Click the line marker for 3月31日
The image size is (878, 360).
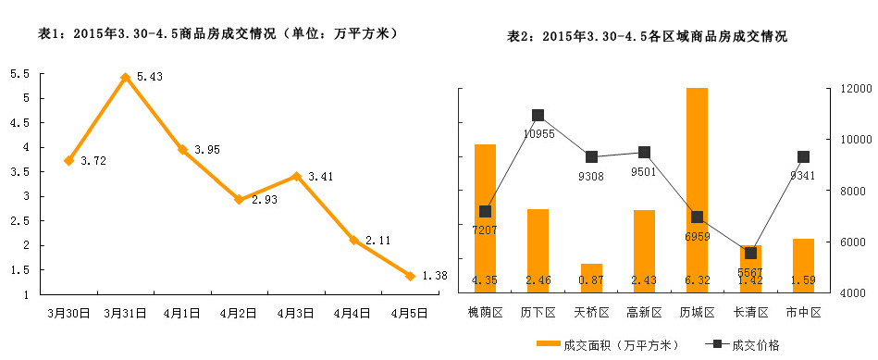[125, 78]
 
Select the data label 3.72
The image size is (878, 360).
[93, 161]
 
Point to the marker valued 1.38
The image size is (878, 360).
[410, 276]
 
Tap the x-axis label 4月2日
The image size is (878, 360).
[239, 313]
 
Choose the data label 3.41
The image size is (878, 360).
[320, 176]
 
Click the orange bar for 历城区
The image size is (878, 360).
[697, 190]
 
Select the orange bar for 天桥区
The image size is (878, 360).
[591, 278]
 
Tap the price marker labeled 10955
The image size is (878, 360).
[538, 116]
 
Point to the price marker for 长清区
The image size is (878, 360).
[750, 253]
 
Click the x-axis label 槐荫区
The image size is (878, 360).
[485, 313]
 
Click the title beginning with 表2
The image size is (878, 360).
[648, 37]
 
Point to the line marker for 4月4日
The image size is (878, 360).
[352, 240]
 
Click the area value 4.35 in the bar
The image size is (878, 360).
[485, 280]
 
